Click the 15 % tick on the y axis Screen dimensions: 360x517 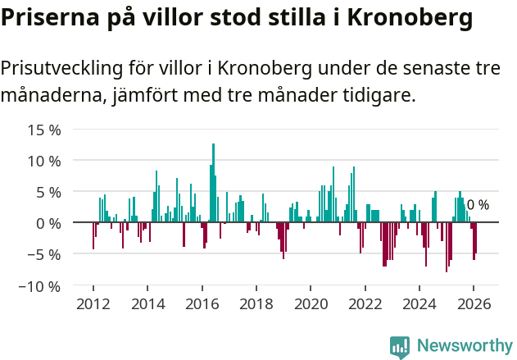(44, 130)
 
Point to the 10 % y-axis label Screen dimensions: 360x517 (44, 161)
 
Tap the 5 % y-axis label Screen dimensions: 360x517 (48, 192)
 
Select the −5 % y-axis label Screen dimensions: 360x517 (44, 254)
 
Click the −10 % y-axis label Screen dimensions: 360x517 (40, 286)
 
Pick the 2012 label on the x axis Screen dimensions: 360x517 (93, 303)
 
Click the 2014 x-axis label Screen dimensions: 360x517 (147, 303)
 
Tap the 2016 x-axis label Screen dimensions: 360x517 (202, 303)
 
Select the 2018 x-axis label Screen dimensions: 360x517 (256, 303)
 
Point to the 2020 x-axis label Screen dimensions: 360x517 (311, 303)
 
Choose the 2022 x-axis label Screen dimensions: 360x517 (365, 303)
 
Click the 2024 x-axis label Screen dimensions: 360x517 (419, 303)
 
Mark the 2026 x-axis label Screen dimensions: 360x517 (473, 303)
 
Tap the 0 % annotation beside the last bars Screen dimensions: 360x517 (478, 205)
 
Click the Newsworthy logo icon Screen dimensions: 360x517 (400, 347)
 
